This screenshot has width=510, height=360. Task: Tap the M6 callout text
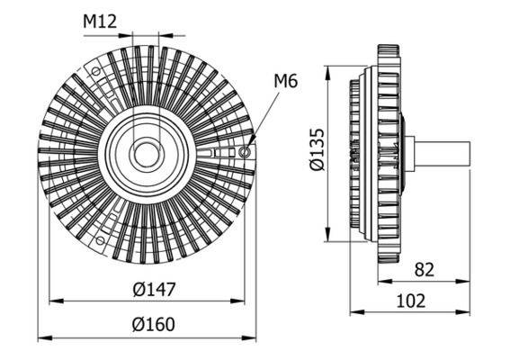pyautogui.click(x=285, y=83)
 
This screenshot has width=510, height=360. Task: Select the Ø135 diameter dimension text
pyautogui.click(x=312, y=153)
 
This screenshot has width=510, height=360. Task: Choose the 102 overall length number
pyautogui.click(x=410, y=301)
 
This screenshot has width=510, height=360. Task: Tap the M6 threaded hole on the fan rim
pyautogui.click(x=246, y=153)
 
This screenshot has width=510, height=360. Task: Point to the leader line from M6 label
pyautogui.click(x=263, y=115)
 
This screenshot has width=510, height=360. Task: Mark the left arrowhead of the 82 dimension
pyautogui.click(x=392, y=281)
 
